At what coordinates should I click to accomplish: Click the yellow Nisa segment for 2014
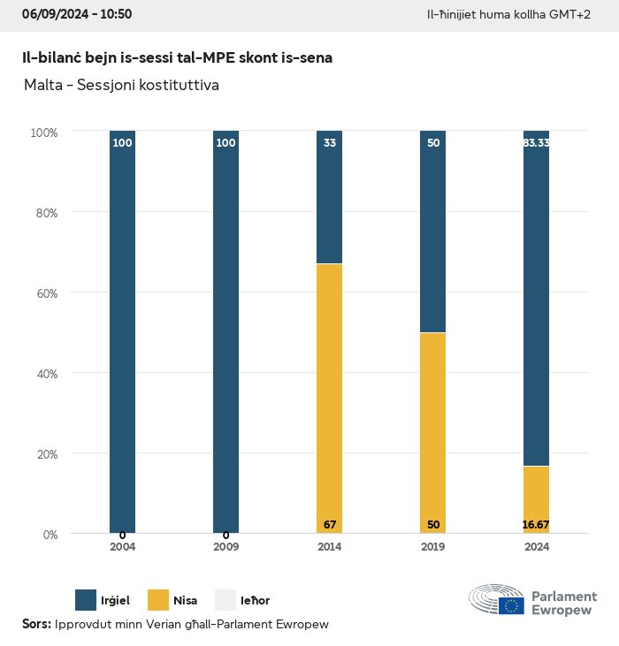tap(329, 398)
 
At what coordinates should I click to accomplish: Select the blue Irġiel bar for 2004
tap(123, 332)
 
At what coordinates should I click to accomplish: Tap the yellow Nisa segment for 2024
tap(536, 499)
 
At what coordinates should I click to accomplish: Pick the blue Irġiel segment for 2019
tap(432, 232)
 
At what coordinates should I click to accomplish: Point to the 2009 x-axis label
tap(225, 547)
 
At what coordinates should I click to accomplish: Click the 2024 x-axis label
tap(536, 547)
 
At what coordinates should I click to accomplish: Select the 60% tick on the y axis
tap(44, 293)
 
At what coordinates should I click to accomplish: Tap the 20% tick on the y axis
tap(44, 454)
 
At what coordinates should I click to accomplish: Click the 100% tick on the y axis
tap(43, 133)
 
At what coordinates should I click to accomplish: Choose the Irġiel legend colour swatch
tap(86, 600)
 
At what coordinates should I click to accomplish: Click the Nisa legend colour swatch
tap(157, 600)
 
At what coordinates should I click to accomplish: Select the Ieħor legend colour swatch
tap(226, 600)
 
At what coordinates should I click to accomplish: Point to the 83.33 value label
tap(536, 142)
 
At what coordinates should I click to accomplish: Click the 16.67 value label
tap(536, 525)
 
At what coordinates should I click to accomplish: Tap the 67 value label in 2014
tap(330, 525)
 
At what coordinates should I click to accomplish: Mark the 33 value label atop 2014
tap(330, 142)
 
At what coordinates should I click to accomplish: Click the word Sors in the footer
tap(35, 625)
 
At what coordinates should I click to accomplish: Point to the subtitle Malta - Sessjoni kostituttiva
tap(122, 86)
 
